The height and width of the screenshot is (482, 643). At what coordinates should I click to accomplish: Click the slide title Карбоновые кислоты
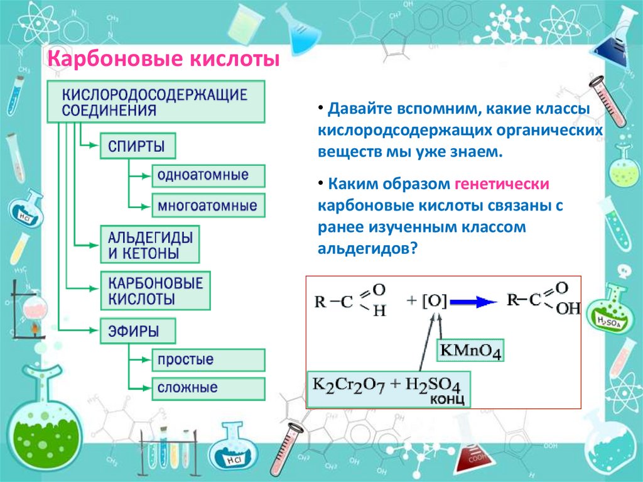(164, 61)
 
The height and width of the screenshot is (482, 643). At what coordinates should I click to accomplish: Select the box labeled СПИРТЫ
(137, 146)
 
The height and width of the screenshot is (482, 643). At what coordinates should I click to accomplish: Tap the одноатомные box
(208, 175)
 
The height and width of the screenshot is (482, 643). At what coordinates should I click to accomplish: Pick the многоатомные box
(208, 205)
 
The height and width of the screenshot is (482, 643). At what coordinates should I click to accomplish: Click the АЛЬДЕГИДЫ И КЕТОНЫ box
(149, 244)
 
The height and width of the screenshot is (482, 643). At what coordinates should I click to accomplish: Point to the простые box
(208, 360)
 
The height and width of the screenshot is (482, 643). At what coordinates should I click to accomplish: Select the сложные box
(208, 388)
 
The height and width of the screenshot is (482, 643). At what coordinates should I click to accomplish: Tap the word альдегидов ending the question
(364, 248)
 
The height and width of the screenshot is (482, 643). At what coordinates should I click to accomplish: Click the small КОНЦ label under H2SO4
(446, 400)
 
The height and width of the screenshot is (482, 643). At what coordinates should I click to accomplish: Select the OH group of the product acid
(568, 309)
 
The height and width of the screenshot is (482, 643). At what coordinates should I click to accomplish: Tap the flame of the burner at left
(29, 327)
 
